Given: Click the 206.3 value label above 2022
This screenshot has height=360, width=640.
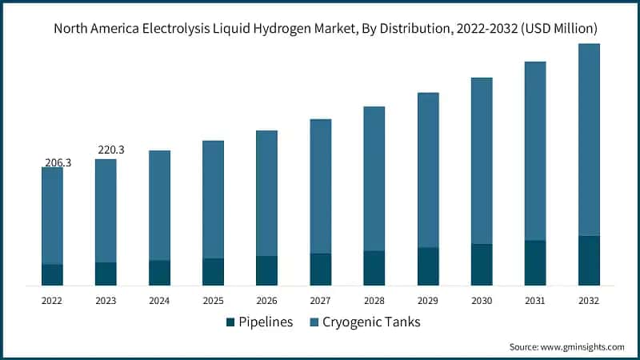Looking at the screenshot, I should [x=58, y=162].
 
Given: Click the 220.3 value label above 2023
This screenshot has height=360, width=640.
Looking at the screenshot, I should [x=110, y=150].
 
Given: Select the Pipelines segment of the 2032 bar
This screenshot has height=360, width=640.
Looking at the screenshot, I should [x=589, y=260].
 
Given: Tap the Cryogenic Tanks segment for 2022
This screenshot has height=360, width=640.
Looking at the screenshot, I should [x=52, y=215].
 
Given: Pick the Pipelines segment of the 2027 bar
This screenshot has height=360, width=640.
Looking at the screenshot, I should [x=320, y=269].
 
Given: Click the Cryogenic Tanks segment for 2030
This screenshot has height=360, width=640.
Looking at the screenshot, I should [x=482, y=161].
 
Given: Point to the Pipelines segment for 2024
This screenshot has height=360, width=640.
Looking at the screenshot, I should [x=159, y=272].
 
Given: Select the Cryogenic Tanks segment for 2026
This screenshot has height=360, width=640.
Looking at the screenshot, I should [x=266, y=193].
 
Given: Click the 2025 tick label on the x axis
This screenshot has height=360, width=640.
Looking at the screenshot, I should [x=213, y=301].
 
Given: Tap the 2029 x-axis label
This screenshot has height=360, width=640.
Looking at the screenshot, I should [x=428, y=301].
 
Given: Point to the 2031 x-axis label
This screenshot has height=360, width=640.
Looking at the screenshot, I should [x=535, y=301].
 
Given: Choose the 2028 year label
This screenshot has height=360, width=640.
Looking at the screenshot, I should [x=374, y=301].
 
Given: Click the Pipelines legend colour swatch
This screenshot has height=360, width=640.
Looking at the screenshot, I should [x=231, y=322].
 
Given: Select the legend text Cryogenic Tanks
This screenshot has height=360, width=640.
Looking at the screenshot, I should [x=370, y=322].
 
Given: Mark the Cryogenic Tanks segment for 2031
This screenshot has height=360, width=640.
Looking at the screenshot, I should [x=535, y=150].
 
